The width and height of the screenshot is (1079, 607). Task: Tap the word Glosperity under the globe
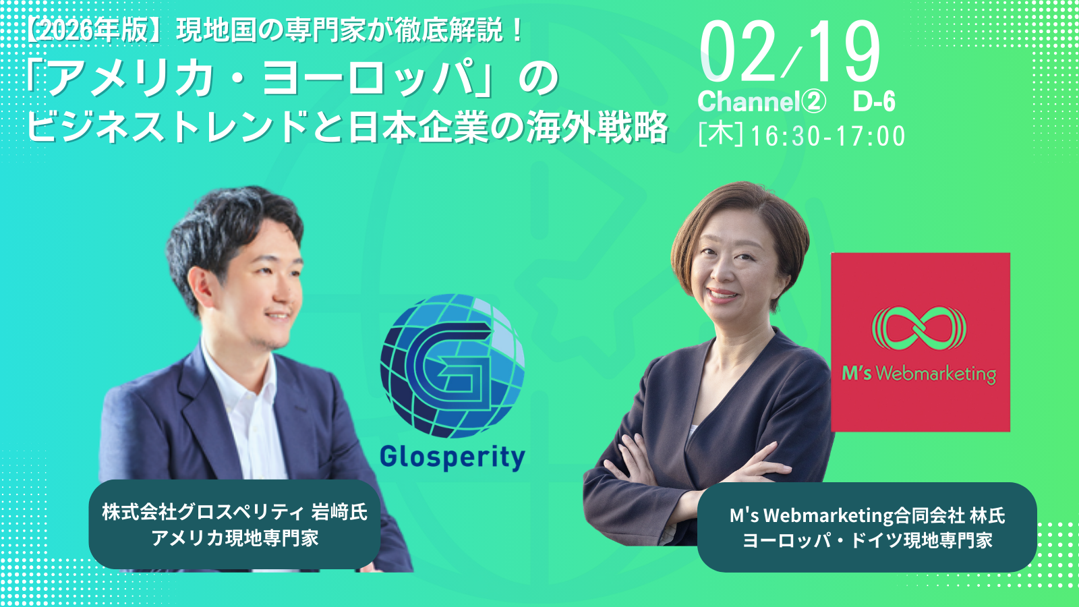452,457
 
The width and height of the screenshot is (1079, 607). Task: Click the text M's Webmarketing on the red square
918,374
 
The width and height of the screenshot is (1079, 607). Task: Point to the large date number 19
843,53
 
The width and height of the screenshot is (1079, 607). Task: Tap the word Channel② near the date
761,102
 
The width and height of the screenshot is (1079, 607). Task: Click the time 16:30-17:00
827,136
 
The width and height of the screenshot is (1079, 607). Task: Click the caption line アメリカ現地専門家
235,538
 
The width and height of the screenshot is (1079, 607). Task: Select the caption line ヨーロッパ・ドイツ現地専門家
867,540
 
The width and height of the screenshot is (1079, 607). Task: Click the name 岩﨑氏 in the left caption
339,512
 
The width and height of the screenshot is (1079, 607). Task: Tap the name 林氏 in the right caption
987,516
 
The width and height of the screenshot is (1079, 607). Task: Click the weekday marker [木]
720,135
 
